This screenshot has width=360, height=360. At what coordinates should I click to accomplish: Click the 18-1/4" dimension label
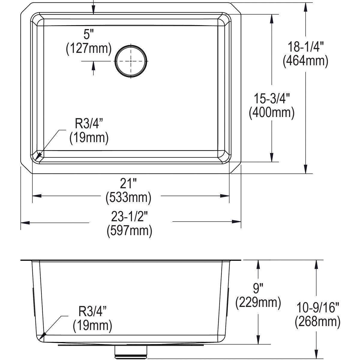[x=305, y=47]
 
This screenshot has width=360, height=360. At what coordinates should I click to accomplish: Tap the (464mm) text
[x=305, y=61]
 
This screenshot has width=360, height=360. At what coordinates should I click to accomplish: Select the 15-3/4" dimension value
[x=271, y=99]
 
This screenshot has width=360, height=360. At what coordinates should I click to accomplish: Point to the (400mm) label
[x=271, y=112]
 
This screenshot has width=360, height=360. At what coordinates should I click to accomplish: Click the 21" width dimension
[x=128, y=183]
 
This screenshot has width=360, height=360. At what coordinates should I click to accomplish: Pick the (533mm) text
[x=128, y=197]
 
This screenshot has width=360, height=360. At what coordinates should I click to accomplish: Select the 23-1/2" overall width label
[x=130, y=217]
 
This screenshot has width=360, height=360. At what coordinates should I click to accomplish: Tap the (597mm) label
[x=130, y=231]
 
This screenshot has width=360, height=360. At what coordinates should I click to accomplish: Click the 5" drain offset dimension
[x=87, y=34]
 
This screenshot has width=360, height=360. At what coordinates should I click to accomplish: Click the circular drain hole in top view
[x=131, y=61]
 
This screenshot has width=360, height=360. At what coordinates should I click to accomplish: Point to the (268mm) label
[x=317, y=322]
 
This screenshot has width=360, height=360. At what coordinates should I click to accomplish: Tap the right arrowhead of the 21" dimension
[x=225, y=196]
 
